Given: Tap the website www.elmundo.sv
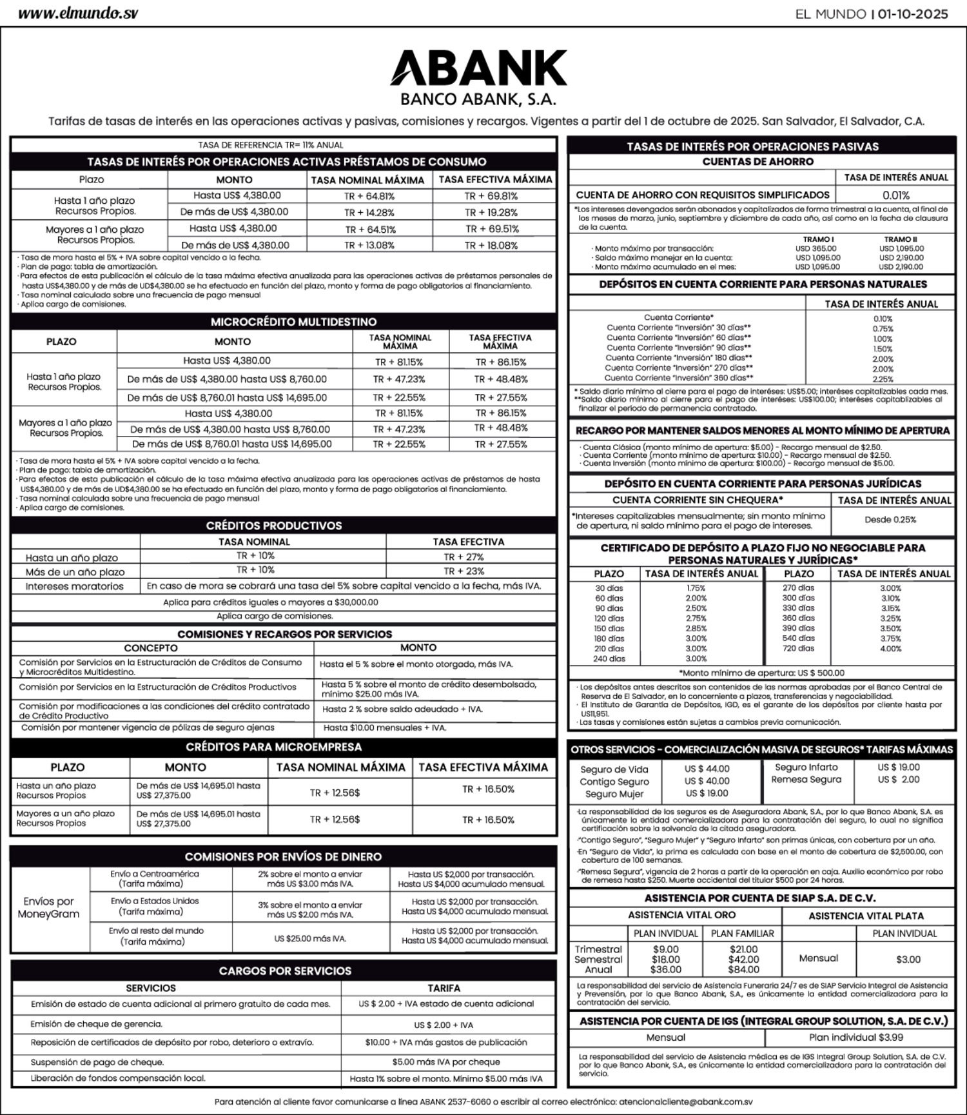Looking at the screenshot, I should [77, 14].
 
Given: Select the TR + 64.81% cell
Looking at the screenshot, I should [369, 196].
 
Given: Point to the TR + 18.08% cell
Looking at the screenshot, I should [491, 245].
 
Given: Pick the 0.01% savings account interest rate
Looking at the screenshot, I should [895, 195].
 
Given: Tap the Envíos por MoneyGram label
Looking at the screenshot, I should [48, 907].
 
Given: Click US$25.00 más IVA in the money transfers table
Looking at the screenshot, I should [310, 938].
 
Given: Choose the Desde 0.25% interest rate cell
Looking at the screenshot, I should [890, 520].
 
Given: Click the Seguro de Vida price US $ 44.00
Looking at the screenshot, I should [707, 769].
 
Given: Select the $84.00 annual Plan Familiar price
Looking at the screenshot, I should [743, 969].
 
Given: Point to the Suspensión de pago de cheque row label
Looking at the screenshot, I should [97, 1062].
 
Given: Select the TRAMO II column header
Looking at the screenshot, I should [901, 239].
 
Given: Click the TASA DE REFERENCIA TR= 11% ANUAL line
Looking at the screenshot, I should [271, 145].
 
